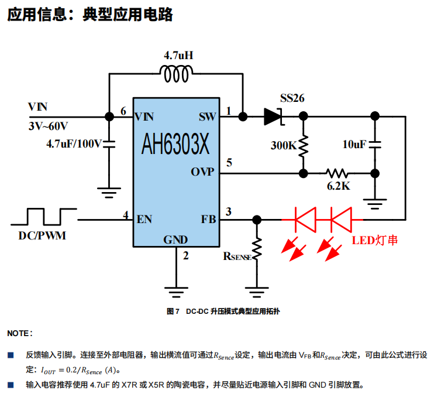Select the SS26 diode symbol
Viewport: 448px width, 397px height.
(x=273, y=116)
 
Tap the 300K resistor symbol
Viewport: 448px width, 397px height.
(x=303, y=146)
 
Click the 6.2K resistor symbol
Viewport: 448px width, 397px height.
(x=337, y=173)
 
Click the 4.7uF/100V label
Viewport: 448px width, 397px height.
(x=74, y=142)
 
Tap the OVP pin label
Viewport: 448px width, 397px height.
(x=202, y=172)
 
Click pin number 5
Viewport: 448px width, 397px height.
(x=229, y=163)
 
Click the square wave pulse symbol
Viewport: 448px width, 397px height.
(x=44, y=216)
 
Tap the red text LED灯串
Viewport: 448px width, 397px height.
(x=375, y=240)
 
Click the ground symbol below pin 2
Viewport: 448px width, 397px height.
(x=177, y=288)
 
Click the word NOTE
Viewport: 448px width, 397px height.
(x=19, y=333)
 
